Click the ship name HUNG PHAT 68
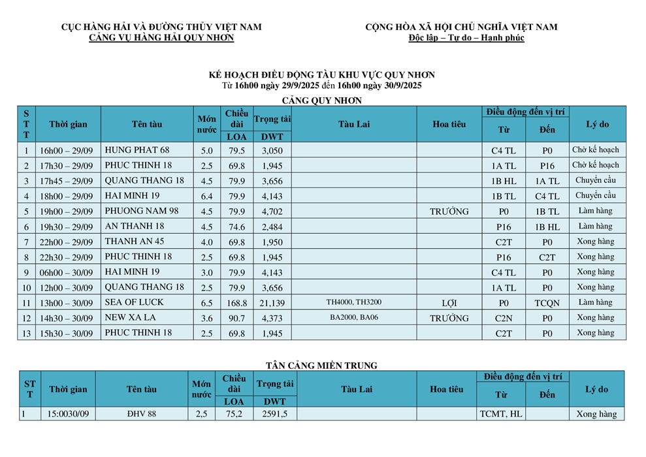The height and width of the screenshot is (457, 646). tap(137, 150)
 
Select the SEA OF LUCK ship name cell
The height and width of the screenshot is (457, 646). tap(134, 302)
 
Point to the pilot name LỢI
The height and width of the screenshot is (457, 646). tap(449, 303)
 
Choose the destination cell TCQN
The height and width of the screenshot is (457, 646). tap(547, 303)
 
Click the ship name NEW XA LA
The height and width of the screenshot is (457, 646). tap(130, 318)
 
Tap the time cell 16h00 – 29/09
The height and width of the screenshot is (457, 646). tap(67, 151)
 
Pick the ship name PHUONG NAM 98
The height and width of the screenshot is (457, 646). tap(141, 211)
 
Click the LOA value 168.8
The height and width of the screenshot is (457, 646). tap(236, 303)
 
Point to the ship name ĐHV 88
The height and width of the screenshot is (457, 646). tap(141, 414)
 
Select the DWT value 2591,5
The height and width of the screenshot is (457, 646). tap(275, 414)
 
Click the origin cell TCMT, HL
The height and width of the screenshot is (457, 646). tap(501, 414)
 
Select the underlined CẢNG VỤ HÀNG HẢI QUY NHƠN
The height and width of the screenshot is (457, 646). tap(161, 38)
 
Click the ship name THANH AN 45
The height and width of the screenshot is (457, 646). tap(135, 242)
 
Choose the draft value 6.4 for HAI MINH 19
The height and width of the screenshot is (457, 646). tap(206, 196)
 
